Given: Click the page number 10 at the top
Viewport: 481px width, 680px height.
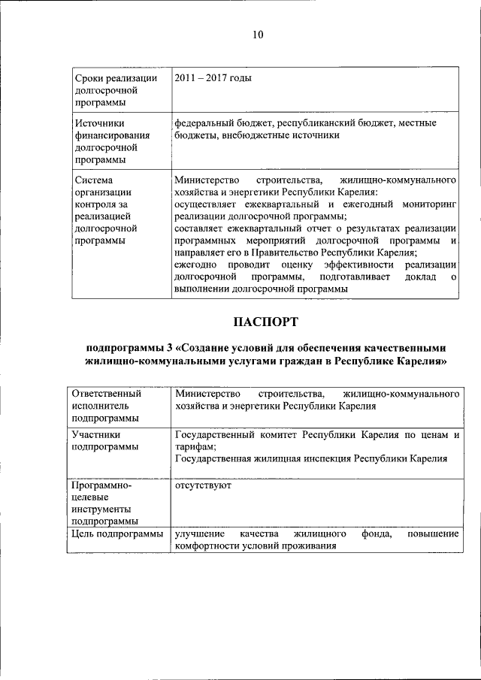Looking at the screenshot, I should coord(258,35).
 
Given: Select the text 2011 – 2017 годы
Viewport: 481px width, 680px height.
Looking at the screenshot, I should coord(213,78).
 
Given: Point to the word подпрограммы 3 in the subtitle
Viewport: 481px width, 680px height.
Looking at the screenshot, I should coord(130,348).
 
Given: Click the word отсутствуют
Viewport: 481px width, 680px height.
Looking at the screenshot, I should coord(202,485).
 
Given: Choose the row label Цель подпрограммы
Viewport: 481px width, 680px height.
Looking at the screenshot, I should coord(116,534).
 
